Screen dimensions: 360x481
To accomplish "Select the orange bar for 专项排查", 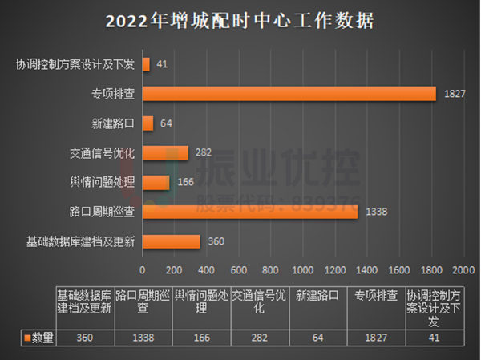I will pos(289,94).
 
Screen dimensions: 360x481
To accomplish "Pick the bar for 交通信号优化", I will pos(165,153).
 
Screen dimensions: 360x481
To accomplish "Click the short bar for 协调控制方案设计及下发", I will pos(146,64).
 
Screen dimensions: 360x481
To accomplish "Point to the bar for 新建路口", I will pos(148,123).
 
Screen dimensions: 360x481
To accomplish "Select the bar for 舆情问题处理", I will pos(156,183).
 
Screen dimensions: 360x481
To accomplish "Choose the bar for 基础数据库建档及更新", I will pos(171,241).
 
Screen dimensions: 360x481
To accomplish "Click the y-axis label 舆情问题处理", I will pos(102,183).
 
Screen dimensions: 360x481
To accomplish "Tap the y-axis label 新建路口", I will pos(113,123).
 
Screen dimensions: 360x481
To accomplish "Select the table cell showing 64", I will pos(317,338).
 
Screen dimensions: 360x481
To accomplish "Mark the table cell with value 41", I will pos(434,338).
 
